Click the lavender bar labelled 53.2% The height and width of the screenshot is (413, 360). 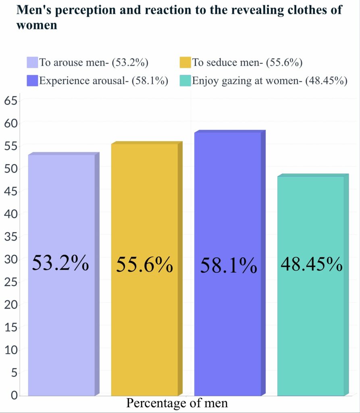pos(61,323)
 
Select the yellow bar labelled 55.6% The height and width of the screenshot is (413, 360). pos(144,323)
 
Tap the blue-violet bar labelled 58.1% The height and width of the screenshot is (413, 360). pos(227,323)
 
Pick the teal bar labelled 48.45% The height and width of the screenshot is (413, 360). pos(310,323)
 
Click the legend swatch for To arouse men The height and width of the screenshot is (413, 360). pos(32,63)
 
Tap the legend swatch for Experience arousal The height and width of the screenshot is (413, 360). pos(32,80)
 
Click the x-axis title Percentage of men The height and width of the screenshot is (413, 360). pos(177,403)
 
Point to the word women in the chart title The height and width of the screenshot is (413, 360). pos(37,25)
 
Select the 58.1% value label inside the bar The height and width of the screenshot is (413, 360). pos(229,267)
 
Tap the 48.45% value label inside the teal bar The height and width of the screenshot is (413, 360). pos(312,265)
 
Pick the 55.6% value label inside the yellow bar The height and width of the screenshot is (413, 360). pos(145,265)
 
